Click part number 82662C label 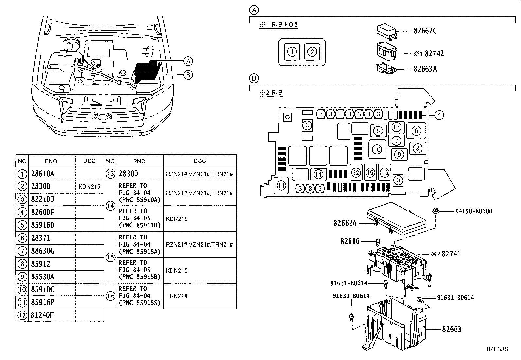coord(425,31)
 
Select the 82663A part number coord(425,69)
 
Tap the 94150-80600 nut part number coord(474,211)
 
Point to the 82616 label coord(350,241)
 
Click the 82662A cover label coord(345,223)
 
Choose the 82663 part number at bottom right coord(452,329)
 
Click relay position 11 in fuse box coord(281,186)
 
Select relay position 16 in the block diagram coord(385,172)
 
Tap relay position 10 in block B coord(377,149)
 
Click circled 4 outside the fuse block coord(439,115)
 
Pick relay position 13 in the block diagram coord(396,127)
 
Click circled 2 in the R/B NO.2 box coord(312,52)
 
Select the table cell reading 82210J coord(43,199)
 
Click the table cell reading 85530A coord(43,277)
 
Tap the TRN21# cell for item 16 coord(177,296)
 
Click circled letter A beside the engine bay coord(188,61)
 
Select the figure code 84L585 coord(497,349)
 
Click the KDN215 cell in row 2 coord(89,187)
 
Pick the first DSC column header coord(89,161)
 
